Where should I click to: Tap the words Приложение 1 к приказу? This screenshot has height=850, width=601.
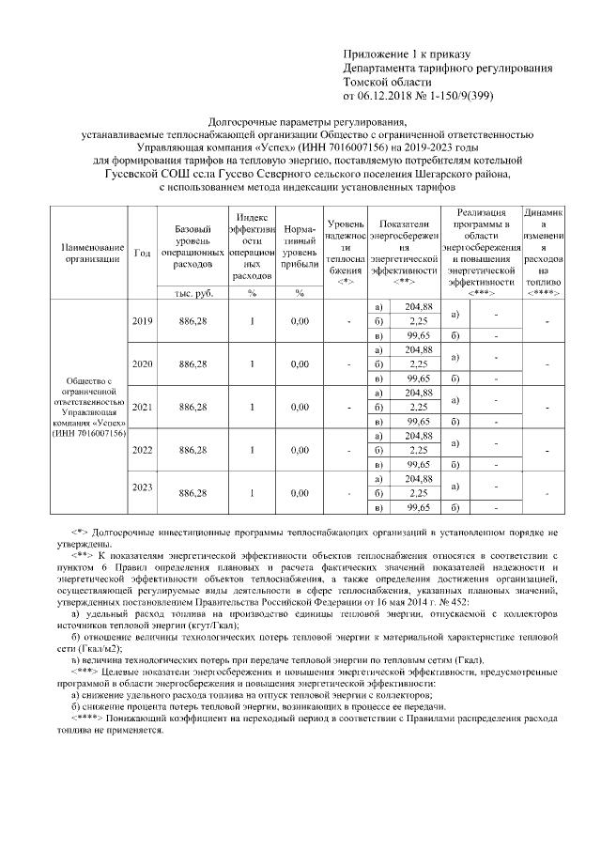[406, 56]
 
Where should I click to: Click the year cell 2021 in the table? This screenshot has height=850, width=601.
[143, 407]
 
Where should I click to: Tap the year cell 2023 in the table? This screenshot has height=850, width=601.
[143, 487]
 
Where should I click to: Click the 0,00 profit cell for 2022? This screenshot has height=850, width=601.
[300, 450]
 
